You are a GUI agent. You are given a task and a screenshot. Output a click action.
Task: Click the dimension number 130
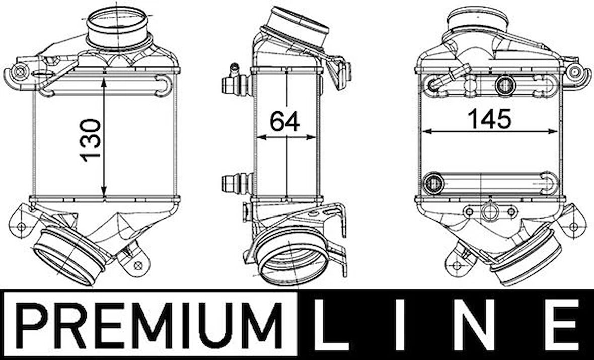tap(91, 140)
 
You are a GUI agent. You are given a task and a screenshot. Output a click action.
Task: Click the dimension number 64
tap(285, 121)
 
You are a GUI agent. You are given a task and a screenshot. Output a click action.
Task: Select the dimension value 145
tap(489, 119)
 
